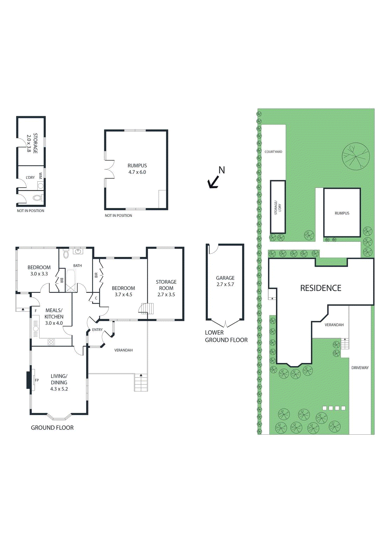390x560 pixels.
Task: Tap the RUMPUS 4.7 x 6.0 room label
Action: [x=137, y=169]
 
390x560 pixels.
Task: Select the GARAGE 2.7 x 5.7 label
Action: [x=225, y=281]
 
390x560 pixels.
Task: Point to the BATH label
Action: [x=78, y=266]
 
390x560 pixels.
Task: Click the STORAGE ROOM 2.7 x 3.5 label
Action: [x=166, y=288]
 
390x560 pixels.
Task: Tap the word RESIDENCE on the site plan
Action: [x=321, y=288]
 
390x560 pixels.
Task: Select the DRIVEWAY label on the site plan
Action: [x=360, y=368]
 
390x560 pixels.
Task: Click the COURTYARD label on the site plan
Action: [x=273, y=152]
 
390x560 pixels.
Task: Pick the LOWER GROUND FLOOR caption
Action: [x=226, y=336]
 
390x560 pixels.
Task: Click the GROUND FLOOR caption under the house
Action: [x=52, y=428]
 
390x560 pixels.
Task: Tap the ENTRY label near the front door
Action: [x=97, y=330]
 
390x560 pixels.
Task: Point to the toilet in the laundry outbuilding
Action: [x=37, y=198]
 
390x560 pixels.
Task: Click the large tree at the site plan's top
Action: [x=356, y=156]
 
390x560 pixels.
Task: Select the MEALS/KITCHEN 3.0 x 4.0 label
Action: [x=54, y=317]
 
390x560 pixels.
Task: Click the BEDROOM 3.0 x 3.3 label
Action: [x=39, y=271]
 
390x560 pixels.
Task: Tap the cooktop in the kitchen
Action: [x=51, y=342]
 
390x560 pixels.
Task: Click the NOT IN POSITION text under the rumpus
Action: [x=118, y=216]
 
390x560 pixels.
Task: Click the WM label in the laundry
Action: [x=41, y=175]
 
